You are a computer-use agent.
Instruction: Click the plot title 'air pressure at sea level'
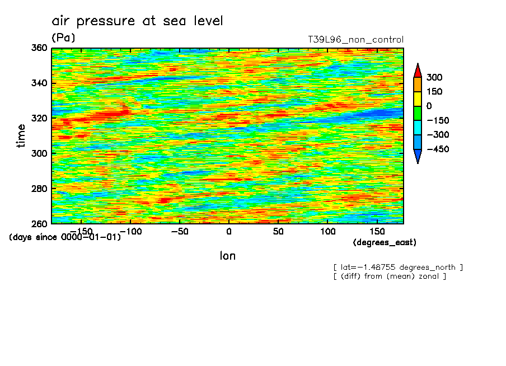click(137, 21)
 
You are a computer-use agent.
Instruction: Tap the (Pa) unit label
click(63, 37)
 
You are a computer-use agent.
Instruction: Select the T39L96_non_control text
click(355, 40)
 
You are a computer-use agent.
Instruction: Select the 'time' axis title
click(21, 135)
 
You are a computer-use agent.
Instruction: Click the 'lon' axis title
click(227, 256)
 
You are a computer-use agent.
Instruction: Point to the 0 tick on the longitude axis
click(228, 231)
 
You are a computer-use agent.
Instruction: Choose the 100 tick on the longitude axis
click(327, 231)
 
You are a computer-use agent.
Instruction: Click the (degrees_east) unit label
click(385, 242)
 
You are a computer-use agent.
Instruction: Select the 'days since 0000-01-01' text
click(65, 237)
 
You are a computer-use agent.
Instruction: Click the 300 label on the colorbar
click(434, 77)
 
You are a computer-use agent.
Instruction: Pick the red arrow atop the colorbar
click(417, 70)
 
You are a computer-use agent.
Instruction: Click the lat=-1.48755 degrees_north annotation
click(398, 267)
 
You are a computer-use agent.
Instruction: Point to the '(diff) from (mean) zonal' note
click(390, 276)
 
